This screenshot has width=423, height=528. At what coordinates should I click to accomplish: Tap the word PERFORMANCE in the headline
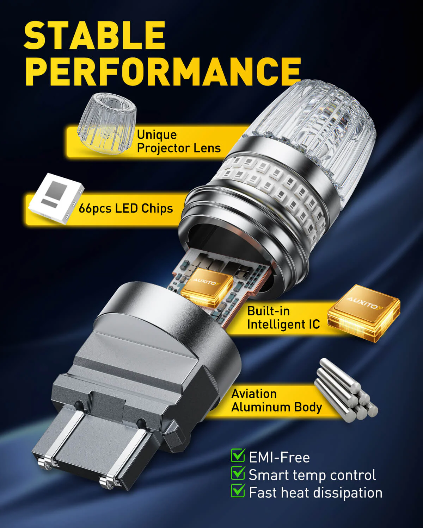click(x=163, y=72)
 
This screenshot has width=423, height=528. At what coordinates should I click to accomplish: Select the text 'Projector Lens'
click(x=179, y=148)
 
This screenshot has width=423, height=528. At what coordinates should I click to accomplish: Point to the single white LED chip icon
click(x=56, y=198)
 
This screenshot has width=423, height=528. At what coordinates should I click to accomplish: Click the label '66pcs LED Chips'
click(x=126, y=208)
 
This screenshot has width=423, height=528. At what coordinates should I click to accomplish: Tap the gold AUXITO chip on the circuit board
click(x=207, y=288)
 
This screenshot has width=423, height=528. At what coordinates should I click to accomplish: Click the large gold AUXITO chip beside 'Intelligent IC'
click(x=364, y=313)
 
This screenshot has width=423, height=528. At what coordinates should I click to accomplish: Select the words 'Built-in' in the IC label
click(x=268, y=311)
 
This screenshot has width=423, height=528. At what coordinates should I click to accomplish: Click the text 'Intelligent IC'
click(x=283, y=324)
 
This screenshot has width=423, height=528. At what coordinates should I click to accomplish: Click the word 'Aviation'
click(x=254, y=394)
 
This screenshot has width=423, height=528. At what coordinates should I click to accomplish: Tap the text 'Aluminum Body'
click(x=276, y=407)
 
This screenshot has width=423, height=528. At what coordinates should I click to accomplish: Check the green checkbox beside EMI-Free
click(x=238, y=455)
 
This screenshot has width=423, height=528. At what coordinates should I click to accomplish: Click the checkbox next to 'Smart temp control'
click(x=238, y=473)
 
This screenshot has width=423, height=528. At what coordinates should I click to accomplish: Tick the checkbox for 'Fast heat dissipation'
click(x=238, y=490)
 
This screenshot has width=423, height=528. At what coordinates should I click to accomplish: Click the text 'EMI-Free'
click(x=280, y=458)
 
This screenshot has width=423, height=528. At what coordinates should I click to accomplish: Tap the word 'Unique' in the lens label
click(x=157, y=135)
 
